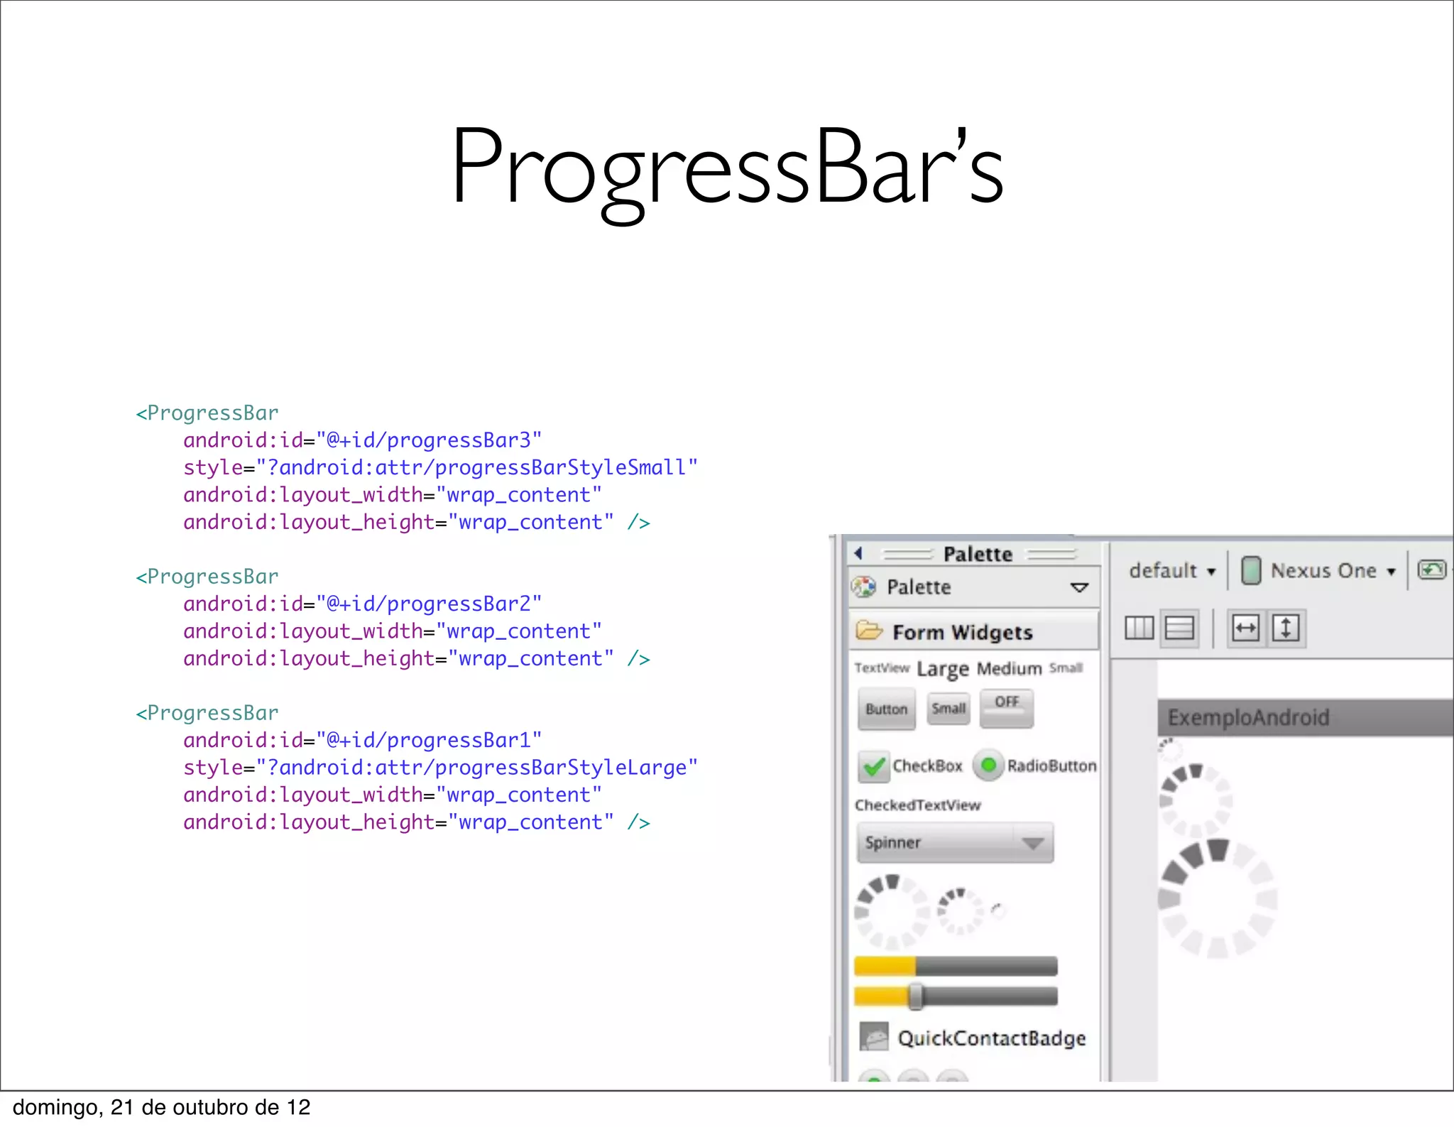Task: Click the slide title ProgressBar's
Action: (727, 167)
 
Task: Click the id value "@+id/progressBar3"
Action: (429, 440)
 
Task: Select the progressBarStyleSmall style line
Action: (440, 467)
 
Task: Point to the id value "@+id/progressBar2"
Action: (429, 604)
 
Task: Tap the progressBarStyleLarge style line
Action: (440, 768)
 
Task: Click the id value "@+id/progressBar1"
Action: (429, 740)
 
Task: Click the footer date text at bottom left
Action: (162, 1107)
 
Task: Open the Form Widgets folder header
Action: (962, 631)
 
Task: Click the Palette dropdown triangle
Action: (1079, 587)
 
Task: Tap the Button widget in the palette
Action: (886, 709)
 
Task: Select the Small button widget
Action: (949, 708)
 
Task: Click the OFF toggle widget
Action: (1006, 703)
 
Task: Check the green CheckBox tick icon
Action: (874, 766)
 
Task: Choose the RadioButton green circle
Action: (988, 766)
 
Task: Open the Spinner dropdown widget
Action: (955, 843)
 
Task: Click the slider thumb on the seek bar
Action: (916, 996)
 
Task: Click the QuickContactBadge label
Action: (991, 1038)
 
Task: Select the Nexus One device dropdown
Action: (1323, 570)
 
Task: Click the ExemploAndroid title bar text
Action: (1248, 717)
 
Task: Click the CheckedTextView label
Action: (917, 805)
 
